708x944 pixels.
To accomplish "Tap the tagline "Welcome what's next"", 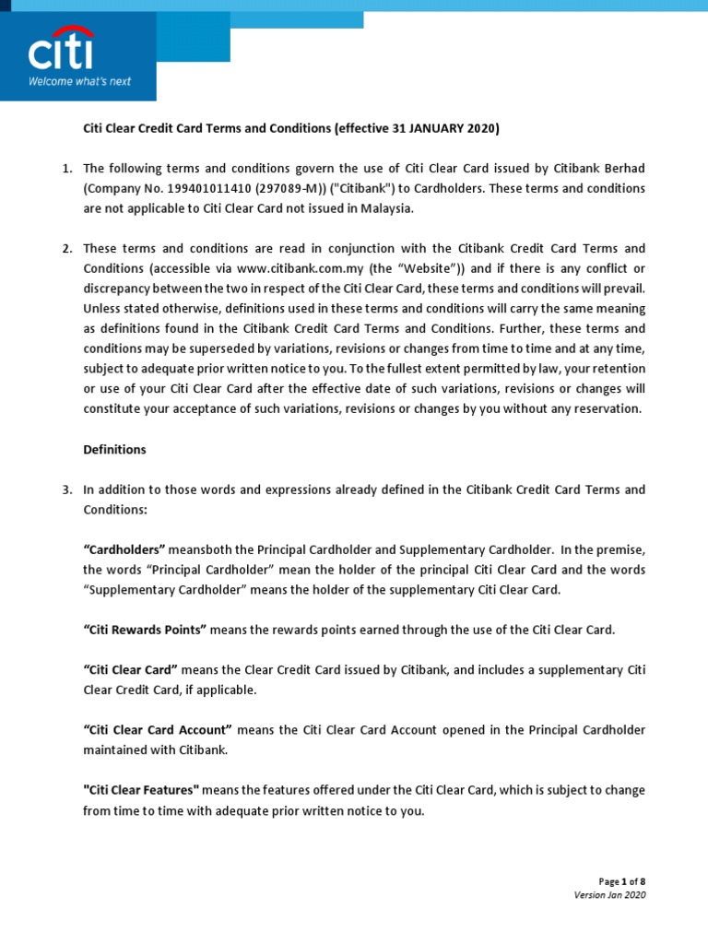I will tap(80, 81).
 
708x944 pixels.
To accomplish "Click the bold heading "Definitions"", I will tap(114, 450).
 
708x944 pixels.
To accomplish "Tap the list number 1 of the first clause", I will tap(67, 168).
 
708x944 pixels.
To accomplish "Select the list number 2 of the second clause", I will tap(67, 249).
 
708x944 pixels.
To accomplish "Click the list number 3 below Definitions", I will tap(67, 490).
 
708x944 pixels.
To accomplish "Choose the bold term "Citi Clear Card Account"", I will tap(158, 730).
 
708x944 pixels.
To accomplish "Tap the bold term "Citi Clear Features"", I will tap(141, 791).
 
